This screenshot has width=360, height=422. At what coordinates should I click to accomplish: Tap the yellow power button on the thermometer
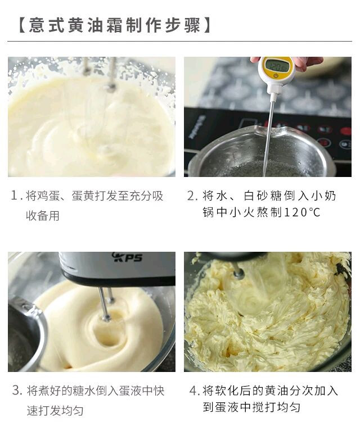[276, 76]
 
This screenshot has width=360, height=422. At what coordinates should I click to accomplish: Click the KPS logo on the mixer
[127, 257]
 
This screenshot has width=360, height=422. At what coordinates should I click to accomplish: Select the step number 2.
[193, 196]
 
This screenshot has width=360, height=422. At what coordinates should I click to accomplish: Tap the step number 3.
[17, 391]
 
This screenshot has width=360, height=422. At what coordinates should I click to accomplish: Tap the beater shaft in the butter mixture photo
[238, 271]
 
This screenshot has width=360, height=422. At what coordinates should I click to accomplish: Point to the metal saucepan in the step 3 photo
[25, 334]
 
